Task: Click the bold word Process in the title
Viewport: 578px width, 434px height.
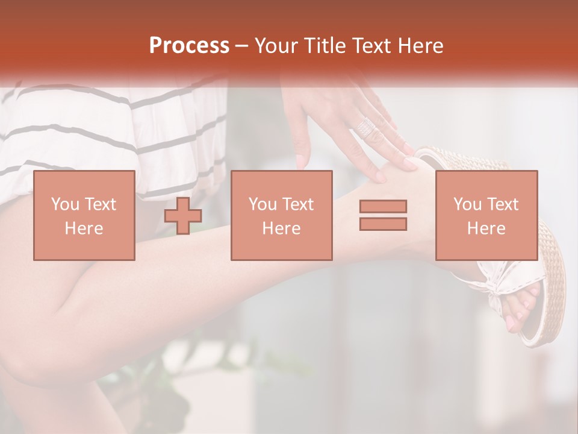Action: click(189, 46)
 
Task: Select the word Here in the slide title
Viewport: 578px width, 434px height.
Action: click(420, 46)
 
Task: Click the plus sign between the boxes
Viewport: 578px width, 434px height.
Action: click(183, 216)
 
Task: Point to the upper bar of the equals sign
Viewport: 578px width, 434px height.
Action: click(383, 207)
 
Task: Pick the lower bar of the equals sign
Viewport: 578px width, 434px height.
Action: click(383, 224)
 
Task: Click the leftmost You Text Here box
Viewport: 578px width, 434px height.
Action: click(84, 215)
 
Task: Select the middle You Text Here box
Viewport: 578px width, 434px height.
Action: click(281, 215)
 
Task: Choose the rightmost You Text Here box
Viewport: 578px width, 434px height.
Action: click(486, 215)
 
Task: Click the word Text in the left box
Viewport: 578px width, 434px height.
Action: click(100, 204)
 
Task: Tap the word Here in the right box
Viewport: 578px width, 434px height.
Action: click(486, 228)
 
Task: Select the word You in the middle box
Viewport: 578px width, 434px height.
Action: click(262, 204)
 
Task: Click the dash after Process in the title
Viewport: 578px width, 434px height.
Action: click(242, 46)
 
